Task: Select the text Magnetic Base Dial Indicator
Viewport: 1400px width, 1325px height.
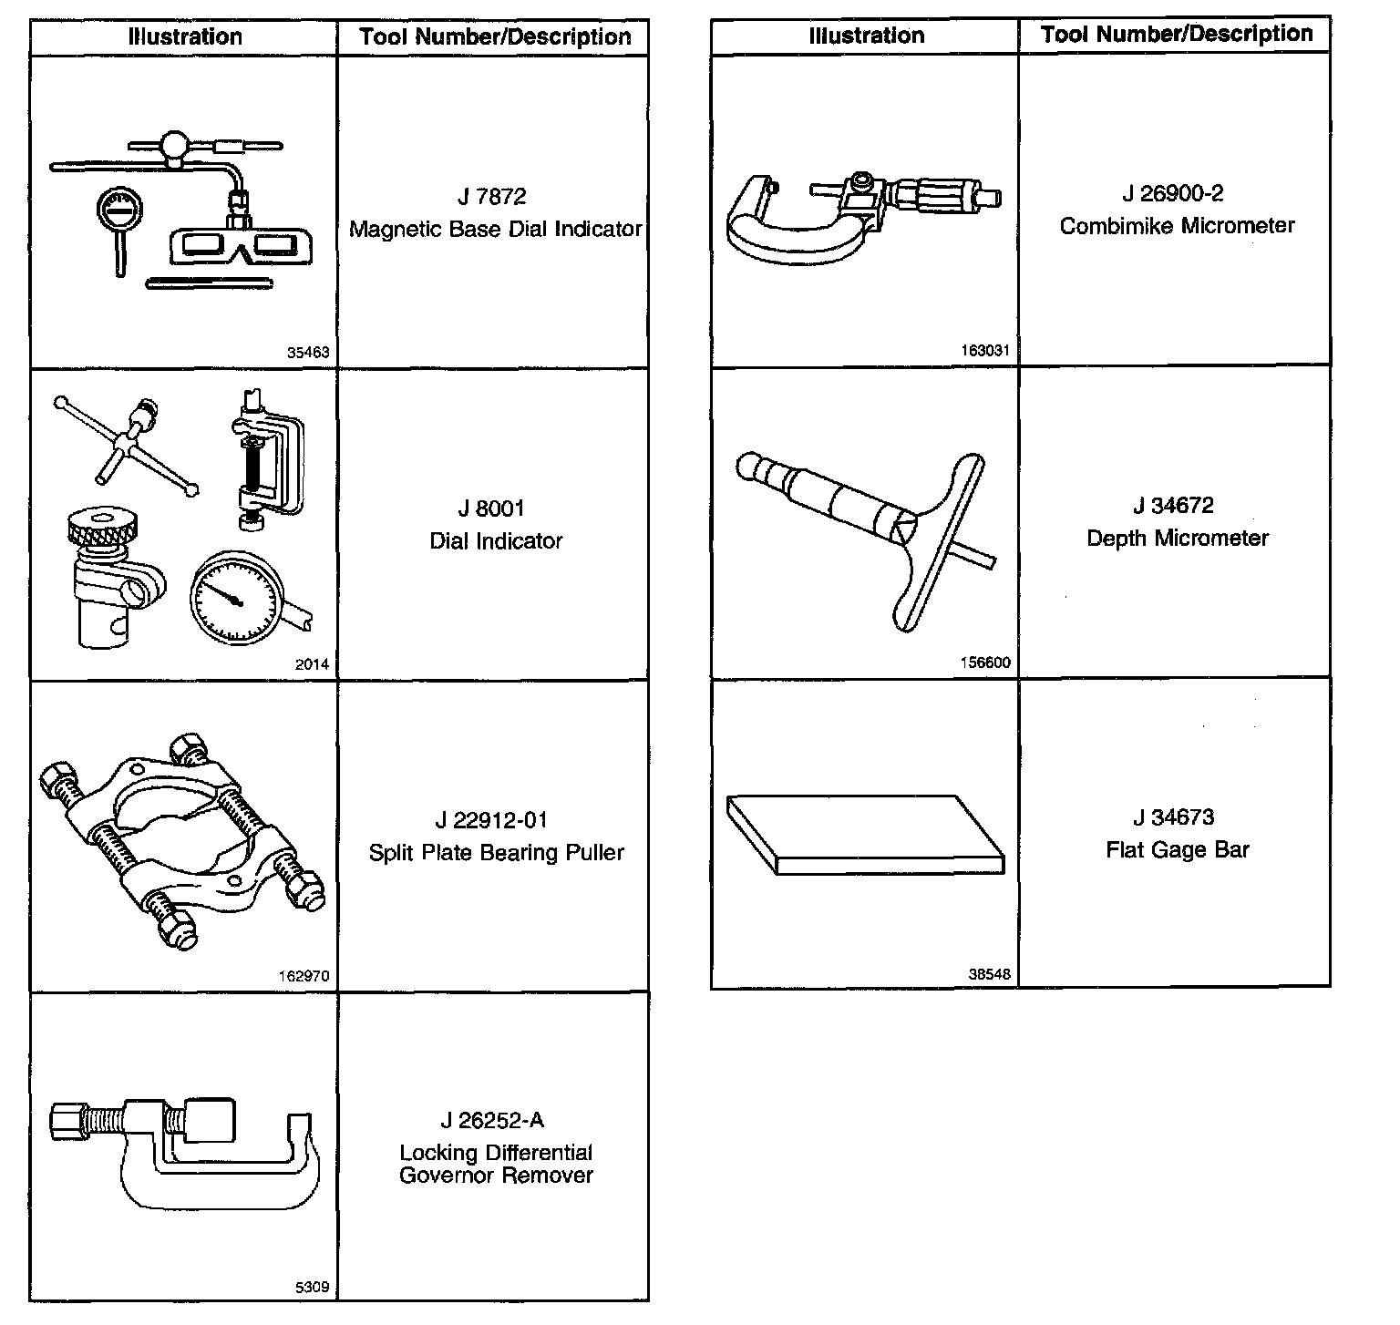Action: pos(496,229)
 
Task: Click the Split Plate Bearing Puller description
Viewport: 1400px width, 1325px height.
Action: pos(496,853)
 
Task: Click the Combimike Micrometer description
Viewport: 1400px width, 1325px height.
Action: pos(1177,225)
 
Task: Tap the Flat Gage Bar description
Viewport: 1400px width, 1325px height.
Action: pos(1177,850)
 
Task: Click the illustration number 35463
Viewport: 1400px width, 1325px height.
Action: pos(308,352)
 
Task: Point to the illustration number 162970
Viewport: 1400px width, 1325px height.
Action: pos(304,976)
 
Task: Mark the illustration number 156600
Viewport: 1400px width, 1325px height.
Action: pos(985,662)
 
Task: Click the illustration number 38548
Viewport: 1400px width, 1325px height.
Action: pos(989,973)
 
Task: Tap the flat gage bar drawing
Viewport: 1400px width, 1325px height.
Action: pos(864,833)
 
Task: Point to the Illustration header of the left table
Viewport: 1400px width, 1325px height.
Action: pos(184,37)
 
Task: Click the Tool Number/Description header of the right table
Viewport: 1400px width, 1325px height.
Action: pos(1176,35)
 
